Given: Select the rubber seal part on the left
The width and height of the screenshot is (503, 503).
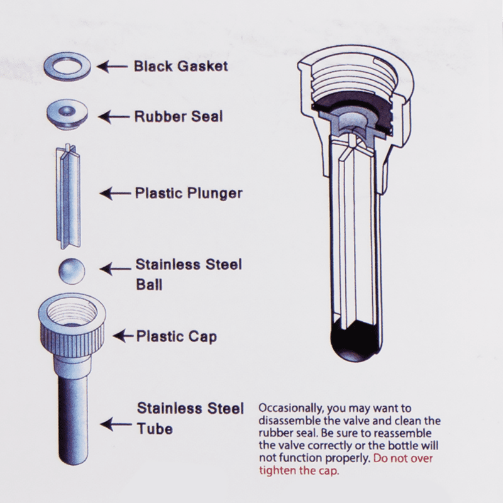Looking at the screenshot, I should [68, 115].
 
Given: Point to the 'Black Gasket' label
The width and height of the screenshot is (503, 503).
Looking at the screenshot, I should [180, 66].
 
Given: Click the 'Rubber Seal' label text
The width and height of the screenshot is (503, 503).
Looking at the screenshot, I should [179, 117].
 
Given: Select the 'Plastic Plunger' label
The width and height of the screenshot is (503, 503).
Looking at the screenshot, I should [189, 192].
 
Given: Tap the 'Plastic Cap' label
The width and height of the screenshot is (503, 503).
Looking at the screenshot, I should [177, 336].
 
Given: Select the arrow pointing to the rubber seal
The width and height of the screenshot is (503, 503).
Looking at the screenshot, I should [114, 116].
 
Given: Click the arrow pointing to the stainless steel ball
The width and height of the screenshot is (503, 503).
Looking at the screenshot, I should [116, 269].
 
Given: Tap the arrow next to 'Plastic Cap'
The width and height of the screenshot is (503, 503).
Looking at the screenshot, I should [126, 336].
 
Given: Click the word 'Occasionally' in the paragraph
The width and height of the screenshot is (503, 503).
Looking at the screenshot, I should [285, 409].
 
